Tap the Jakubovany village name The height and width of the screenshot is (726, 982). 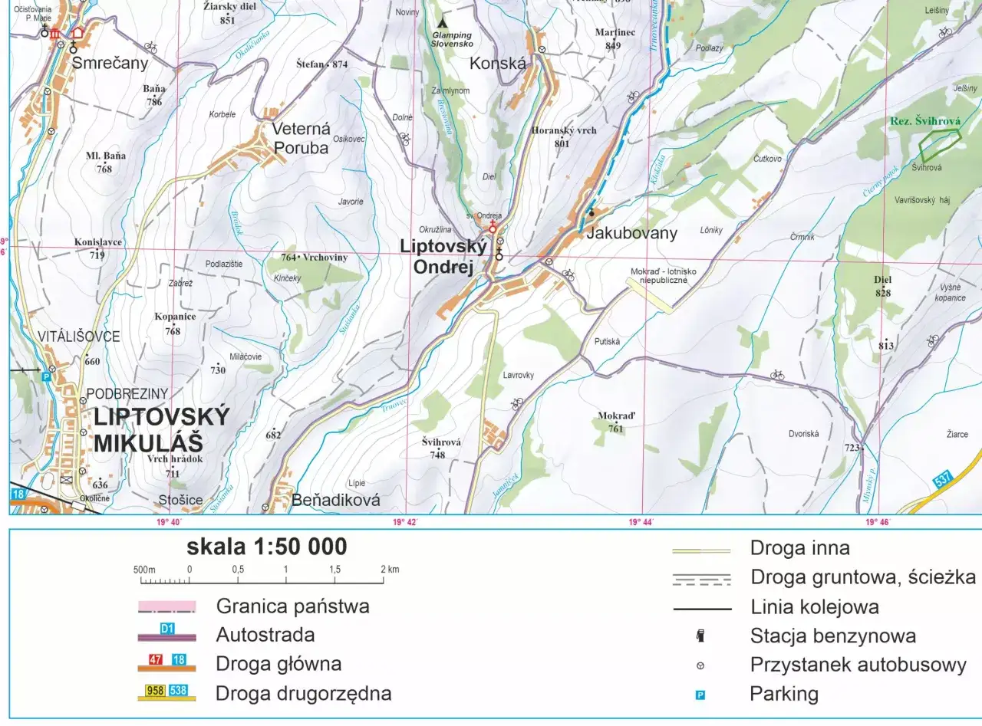point(631,233)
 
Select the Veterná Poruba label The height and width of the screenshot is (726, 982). point(301,139)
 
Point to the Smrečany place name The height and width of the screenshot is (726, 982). point(110,64)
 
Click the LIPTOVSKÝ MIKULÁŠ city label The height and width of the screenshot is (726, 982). point(161,429)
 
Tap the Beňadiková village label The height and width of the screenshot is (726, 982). point(336,501)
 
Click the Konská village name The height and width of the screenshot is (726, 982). point(498,64)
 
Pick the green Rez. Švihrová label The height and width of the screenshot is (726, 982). point(925,121)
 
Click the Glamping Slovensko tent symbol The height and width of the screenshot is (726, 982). point(443,23)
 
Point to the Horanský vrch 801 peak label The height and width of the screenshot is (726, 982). point(563,136)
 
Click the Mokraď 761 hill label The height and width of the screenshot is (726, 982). point(616,422)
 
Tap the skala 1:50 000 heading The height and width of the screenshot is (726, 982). point(266,547)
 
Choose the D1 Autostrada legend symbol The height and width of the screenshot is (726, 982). point(167,634)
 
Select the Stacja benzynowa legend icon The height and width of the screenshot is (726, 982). point(700,636)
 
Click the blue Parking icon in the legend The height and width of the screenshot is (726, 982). point(700,695)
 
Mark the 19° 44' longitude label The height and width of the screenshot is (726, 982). point(641,523)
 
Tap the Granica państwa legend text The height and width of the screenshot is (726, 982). point(292,606)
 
